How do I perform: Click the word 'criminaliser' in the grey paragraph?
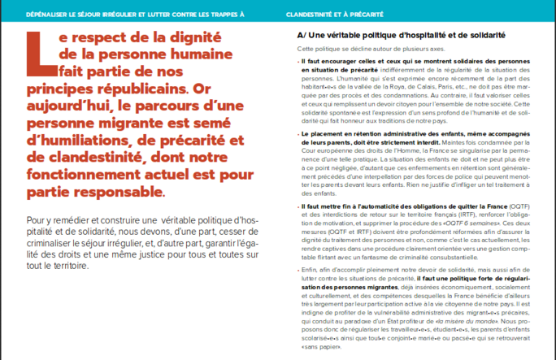54,242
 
